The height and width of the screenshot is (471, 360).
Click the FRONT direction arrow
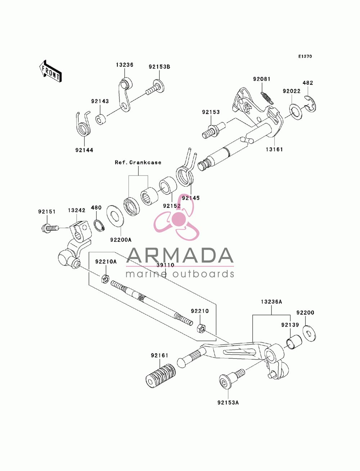coord(50,71)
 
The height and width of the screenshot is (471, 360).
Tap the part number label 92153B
coord(159,67)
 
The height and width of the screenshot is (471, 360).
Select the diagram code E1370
coord(305,56)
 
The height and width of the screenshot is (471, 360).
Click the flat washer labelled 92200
coord(309,334)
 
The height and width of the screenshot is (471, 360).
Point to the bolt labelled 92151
coord(49,227)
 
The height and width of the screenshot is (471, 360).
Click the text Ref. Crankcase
coord(138,162)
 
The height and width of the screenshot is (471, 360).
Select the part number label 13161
coord(274,149)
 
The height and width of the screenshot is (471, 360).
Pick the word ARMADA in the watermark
coord(180,255)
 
